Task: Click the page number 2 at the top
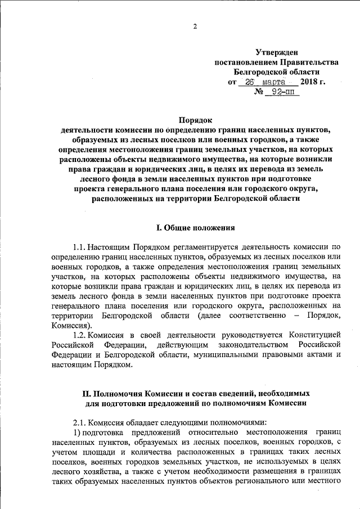tap(195, 26)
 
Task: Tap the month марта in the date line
tap(278, 82)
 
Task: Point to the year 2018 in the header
tap(309, 82)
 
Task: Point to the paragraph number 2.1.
tap(81, 422)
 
